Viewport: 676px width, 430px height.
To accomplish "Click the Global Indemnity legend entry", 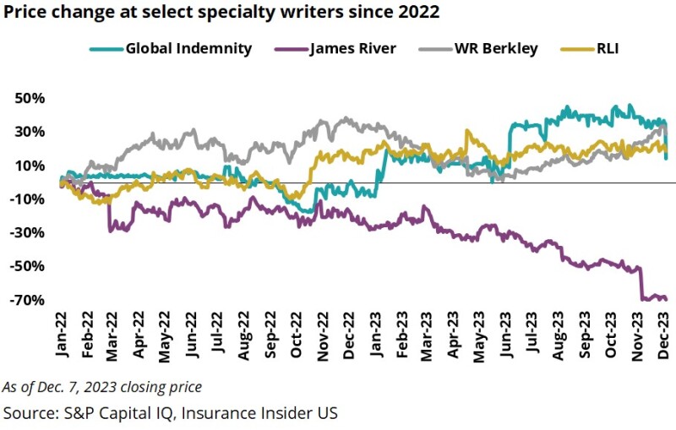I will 188,48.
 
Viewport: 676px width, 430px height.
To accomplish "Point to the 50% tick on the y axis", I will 30,98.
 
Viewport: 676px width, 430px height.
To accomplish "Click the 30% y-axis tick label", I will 30,132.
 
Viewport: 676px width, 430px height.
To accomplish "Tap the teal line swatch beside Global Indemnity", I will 106,48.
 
